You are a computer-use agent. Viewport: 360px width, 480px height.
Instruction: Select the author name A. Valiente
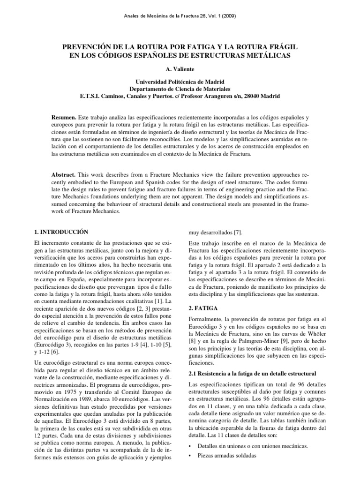click(x=180, y=68)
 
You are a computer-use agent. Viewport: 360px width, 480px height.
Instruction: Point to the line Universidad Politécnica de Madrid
click(x=180, y=81)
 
